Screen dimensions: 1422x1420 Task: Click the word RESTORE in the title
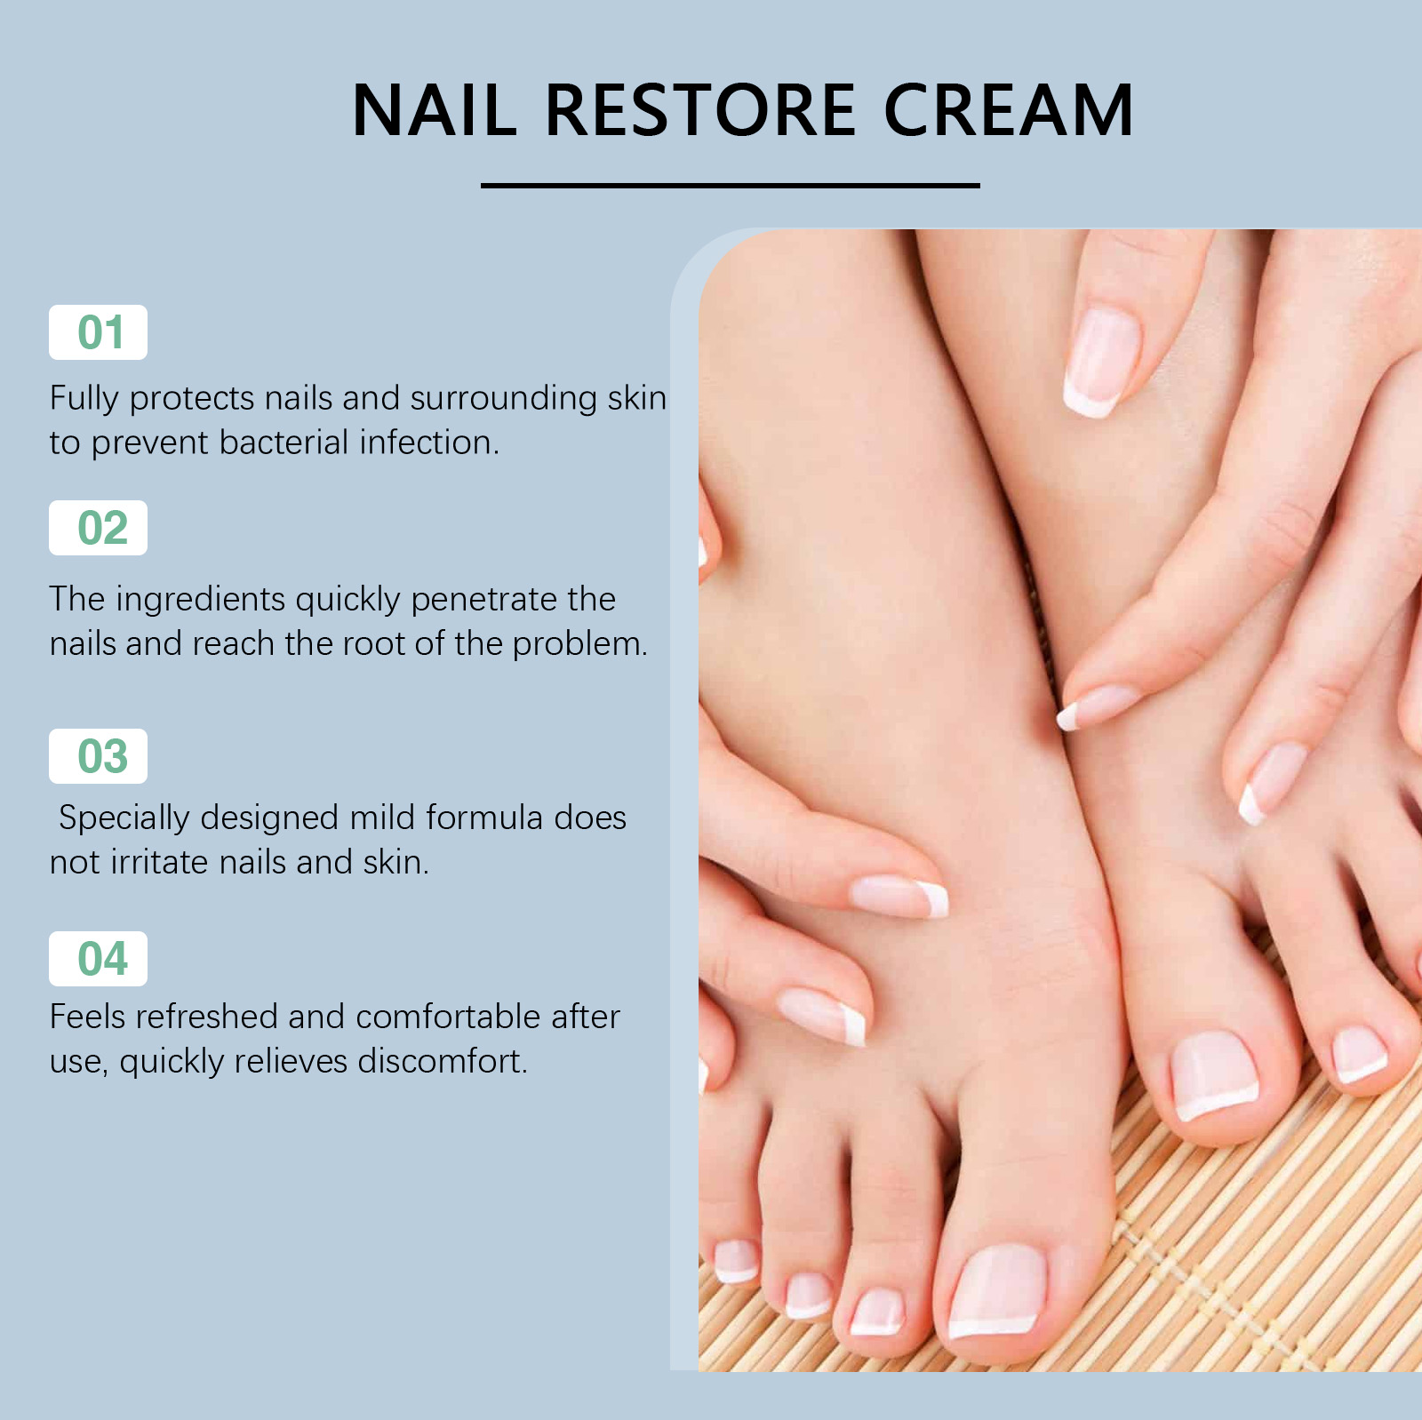pyautogui.click(x=700, y=110)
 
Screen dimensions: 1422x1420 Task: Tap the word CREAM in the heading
pyautogui.click(x=1009, y=110)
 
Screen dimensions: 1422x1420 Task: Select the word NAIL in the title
pyautogui.click(x=435, y=110)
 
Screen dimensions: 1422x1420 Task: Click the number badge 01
pyautogui.click(x=98, y=332)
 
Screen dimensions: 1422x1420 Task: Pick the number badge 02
pyautogui.click(x=98, y=528)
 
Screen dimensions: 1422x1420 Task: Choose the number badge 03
pyautogui.click(x=98, y=756)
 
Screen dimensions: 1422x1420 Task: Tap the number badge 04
pyautogui.click(x=98, y=959)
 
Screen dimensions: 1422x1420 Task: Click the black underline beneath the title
pyautogui.click(x=731, y=186)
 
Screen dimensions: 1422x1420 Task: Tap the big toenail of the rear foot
pyautogui.click(x=1214, y=1075)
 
